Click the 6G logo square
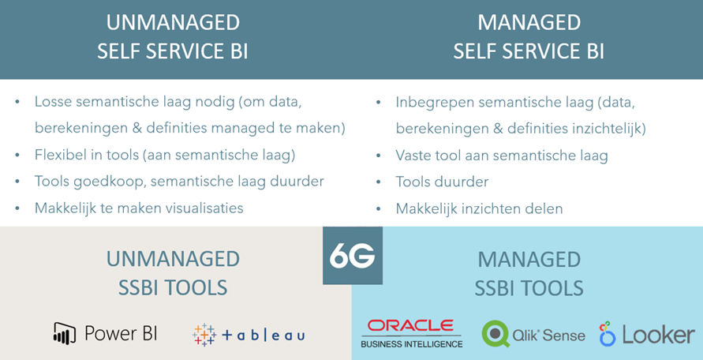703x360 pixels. click(353, 256)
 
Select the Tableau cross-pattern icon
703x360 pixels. click(204, 335)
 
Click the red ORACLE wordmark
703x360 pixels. click(410, 326)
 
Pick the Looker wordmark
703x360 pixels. click(659, 335)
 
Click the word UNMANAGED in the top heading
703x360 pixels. click(173, 24)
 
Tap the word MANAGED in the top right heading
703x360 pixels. click(529, 24)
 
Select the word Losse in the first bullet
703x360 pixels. click(54, 103)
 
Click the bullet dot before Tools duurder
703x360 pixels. click(379, 182)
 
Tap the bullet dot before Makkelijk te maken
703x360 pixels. click(17, 208)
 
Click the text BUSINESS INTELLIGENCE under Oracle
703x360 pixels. click(411, 344)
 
